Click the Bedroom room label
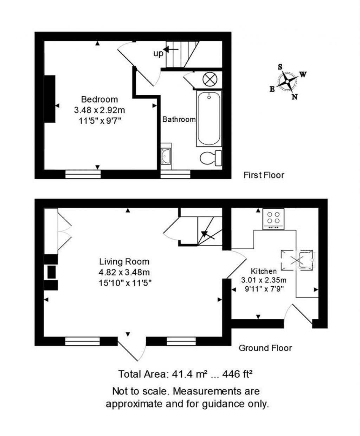coord(99,99)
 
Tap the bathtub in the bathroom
coord(209,119)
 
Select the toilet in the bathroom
coord(211,158)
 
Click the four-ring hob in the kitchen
coord(273,219)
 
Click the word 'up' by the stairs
coord(158,53)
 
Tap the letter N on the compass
coord(295,97)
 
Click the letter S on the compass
coord(280,67)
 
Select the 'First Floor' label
coord(264,175)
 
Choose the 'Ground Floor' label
coord(265,348)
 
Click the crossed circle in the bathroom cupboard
coord(210,79)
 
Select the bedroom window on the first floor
coord(83,174)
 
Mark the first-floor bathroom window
coord(175,174)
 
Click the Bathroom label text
coord(179,119)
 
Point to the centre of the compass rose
coord(287,81)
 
